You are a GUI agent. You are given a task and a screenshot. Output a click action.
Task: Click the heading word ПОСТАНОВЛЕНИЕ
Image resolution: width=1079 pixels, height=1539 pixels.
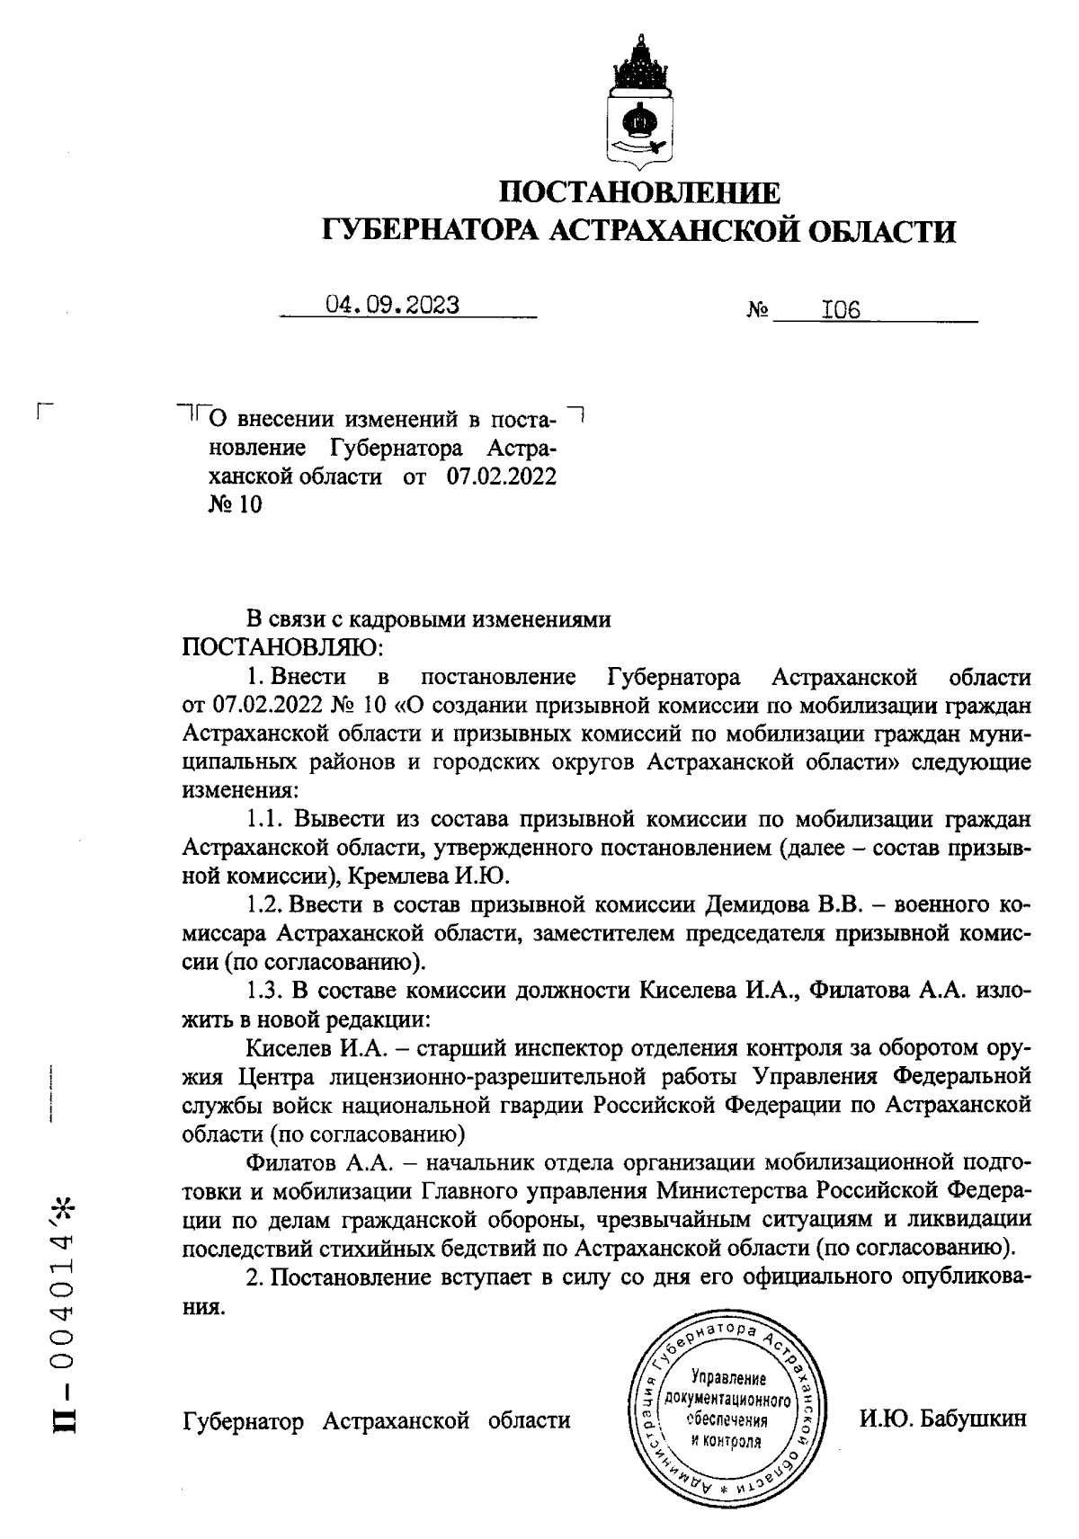[639, 193]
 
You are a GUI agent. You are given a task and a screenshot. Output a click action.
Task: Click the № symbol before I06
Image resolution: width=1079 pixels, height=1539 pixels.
[757, 312]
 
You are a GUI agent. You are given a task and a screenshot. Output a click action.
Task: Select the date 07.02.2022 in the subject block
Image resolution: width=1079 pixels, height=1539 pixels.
[502, 476]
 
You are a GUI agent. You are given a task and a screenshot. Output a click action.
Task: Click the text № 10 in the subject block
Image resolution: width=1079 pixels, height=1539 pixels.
[235, 505]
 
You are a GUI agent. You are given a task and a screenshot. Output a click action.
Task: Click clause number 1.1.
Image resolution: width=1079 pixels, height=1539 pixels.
[265, 819]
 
